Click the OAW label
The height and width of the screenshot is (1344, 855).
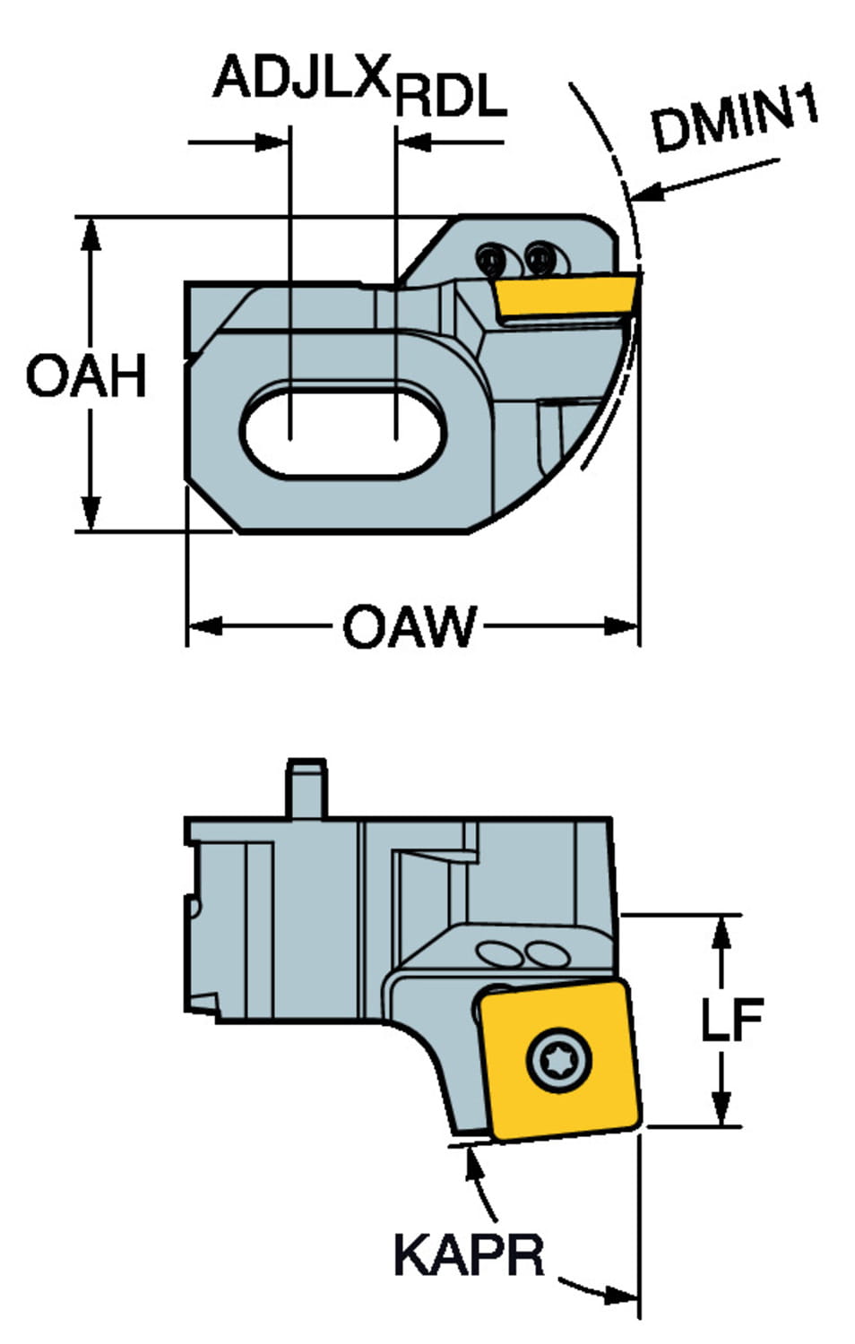coord(409,627)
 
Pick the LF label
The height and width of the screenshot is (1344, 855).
coord(731,1020)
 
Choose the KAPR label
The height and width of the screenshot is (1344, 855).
coord(468,1254)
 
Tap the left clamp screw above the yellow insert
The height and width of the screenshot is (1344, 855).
coord(490,260)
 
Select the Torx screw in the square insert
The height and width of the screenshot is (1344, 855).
coord(560,1060)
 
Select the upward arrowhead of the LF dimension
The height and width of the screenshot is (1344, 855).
coord(721,932)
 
